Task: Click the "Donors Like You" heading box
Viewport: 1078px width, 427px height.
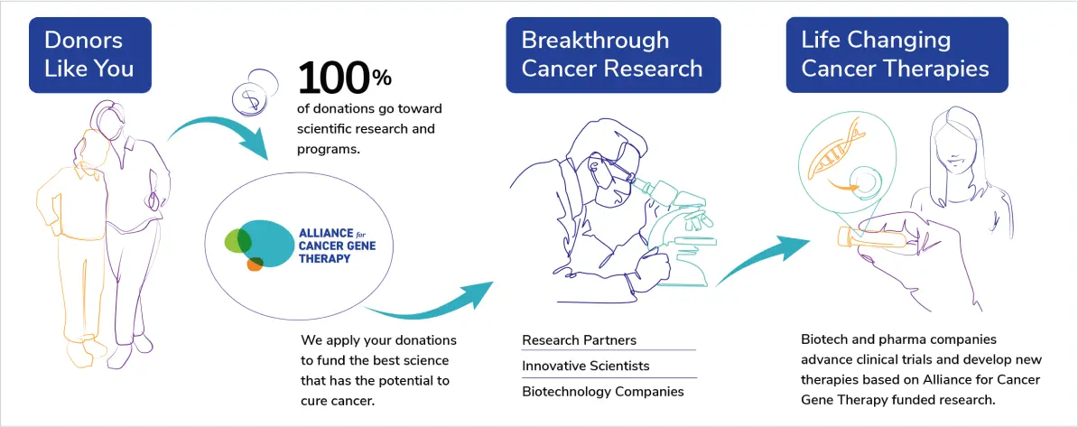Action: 90,55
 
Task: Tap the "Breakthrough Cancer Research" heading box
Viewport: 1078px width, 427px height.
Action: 612,55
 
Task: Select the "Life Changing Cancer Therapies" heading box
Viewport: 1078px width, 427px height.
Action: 897,55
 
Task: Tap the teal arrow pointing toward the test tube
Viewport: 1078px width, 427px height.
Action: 763,258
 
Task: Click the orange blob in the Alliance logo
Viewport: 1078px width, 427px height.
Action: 255,264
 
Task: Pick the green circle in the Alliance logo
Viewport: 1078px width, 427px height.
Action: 237,239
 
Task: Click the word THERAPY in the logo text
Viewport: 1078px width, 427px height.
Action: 324,258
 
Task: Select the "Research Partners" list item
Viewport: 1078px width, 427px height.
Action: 579,340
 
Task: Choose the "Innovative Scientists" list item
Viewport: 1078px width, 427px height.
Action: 586,366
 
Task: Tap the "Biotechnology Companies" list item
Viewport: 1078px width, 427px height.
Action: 603,392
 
